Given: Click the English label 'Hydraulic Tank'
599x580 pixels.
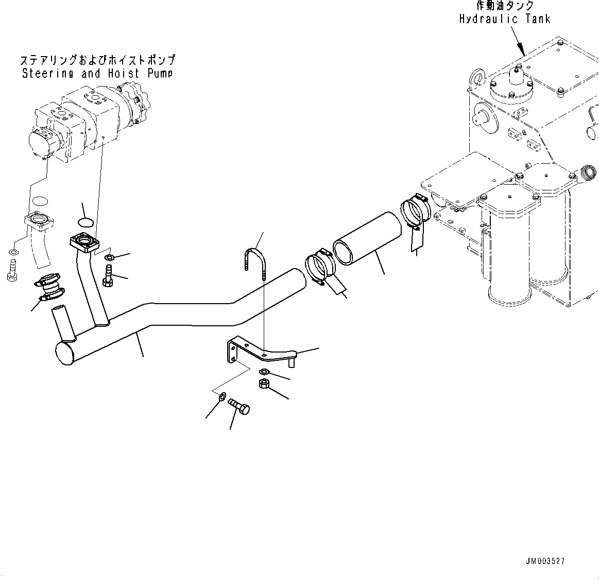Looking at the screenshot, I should tap(504, 19).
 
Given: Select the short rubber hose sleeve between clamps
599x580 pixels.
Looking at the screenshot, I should tap(366, 241).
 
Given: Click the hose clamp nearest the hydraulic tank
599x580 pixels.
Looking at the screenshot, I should tap(415, 212).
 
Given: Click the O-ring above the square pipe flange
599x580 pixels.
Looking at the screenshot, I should tap(85, 221).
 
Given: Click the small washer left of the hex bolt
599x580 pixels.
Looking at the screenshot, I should tap(222, 396).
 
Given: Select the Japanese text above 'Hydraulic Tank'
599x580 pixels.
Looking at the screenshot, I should tap(504, 6).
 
